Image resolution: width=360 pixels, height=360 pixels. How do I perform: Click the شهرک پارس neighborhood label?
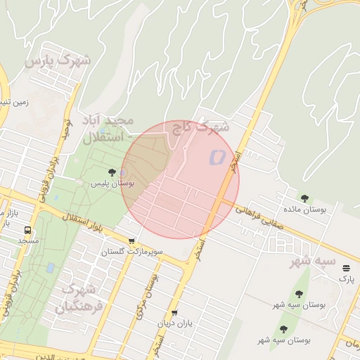58,61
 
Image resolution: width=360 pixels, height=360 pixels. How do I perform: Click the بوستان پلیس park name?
112,184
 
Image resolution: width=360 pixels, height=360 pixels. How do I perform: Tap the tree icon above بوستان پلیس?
112,172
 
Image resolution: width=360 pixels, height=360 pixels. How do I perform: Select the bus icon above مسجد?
28,230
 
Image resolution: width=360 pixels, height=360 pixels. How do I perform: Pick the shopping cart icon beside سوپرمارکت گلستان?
131,241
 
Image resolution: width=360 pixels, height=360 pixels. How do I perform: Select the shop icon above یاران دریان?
174,313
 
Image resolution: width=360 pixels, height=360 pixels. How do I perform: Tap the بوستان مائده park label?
304,210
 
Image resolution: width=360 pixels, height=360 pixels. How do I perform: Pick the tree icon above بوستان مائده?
304,198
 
